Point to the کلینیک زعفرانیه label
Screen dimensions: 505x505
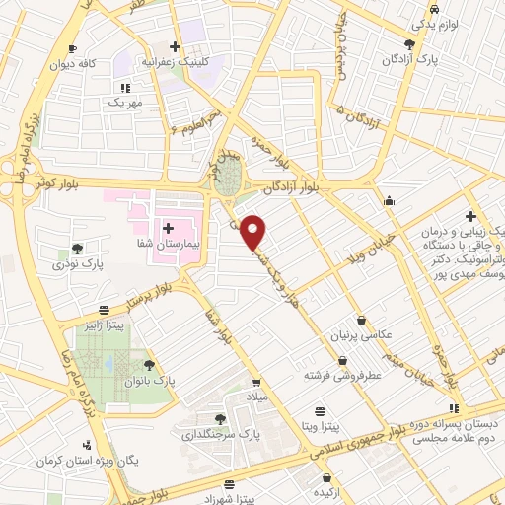tap(177, 61)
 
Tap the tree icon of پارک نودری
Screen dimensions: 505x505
tap(78, 249)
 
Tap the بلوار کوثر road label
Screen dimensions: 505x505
tap(55, 184)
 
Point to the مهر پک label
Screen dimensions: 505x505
tap(125, 102)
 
